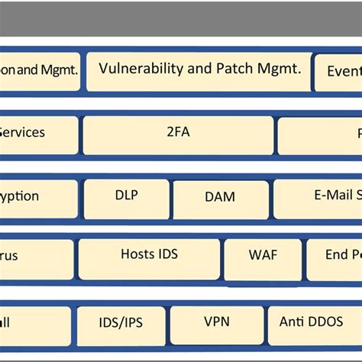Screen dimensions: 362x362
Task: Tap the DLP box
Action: pos(126,198)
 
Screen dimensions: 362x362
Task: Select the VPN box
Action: pos(217,325)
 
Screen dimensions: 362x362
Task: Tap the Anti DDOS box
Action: pos(312,325)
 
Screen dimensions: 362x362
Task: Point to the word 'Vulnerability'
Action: pos(142,69)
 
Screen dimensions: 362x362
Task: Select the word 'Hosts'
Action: pos(137,254)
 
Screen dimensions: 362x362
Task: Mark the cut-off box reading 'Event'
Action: pos(339,73)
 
